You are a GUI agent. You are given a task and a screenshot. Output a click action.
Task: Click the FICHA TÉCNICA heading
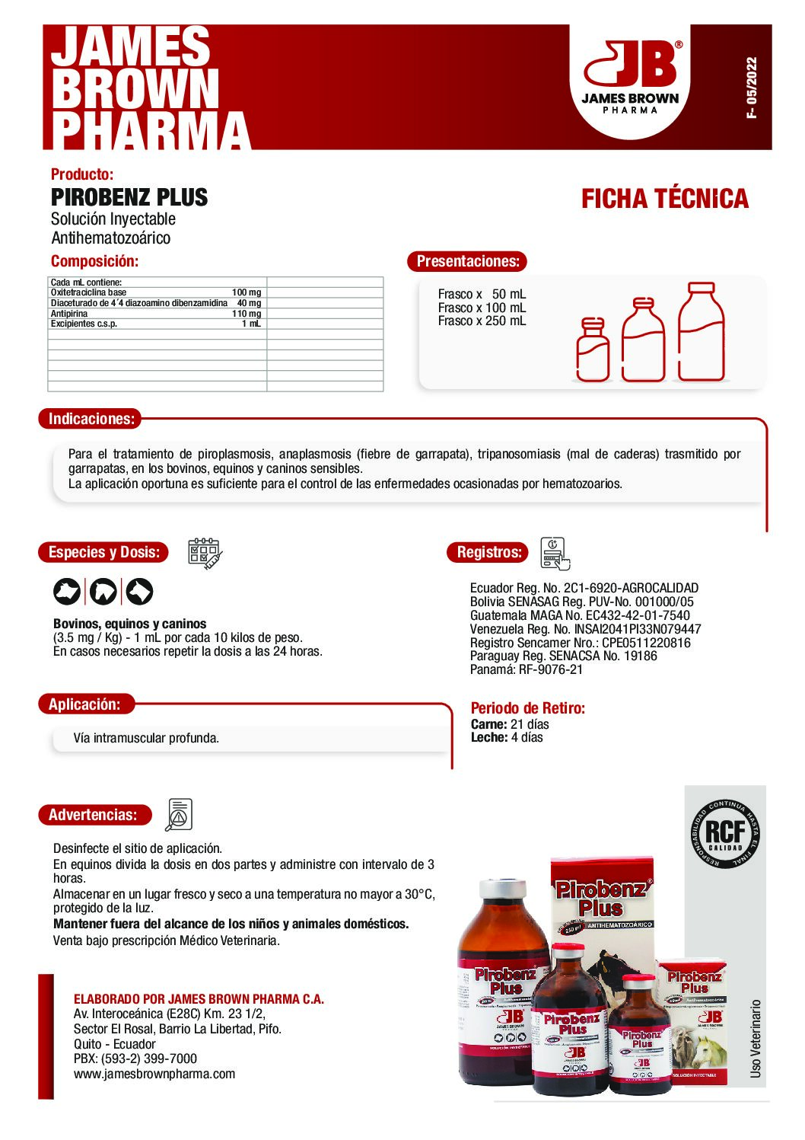[664, 200]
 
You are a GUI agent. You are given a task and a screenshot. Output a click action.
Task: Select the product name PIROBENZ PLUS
[129, 197]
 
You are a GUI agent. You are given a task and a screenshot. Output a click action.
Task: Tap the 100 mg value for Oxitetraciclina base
[246, 292]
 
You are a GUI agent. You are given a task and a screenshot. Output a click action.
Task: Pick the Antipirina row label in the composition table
[69, 314]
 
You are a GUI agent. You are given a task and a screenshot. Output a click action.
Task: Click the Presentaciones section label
[467, 261]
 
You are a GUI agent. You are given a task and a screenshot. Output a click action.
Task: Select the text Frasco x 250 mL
[482, 321]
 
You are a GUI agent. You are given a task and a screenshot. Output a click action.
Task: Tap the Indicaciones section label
[91, 419]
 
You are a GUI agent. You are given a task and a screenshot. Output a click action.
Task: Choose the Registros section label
[488, 553]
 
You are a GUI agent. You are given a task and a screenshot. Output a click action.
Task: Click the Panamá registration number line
[527, 670]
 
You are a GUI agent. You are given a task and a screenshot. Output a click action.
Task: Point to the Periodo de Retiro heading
[528, 708]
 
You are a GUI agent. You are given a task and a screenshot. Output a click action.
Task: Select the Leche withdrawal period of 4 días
[507, 737]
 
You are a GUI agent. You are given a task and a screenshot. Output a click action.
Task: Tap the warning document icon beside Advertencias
[180, 815]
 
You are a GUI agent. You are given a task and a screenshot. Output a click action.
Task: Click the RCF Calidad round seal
[724, 833]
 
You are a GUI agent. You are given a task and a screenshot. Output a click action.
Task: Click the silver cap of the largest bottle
[503, 888]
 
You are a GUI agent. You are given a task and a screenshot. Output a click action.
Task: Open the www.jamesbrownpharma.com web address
[154, 1074]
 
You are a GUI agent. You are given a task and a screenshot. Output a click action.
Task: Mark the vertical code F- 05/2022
[752, 88]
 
